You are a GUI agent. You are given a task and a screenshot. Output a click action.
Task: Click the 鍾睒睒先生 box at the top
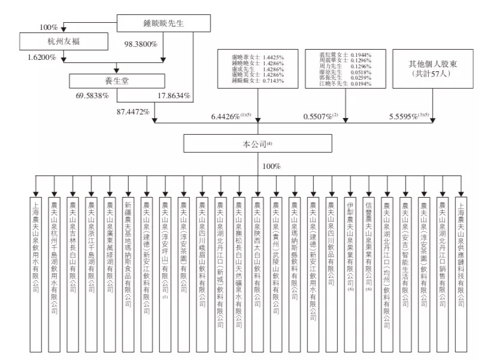(x=163, y=23)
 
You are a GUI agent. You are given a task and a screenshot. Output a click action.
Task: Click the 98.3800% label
(x=141, y=44)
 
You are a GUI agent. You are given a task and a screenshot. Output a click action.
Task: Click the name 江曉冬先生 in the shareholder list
(x=335, y=83)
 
